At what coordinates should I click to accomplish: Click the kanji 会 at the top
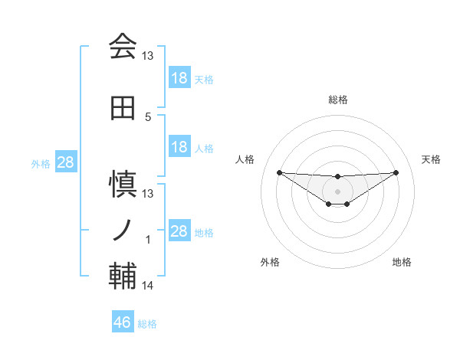click(x=123, y=47)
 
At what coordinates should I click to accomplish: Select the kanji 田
click(x=123, y=109)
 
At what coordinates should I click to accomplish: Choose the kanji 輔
click(x=123, y=277)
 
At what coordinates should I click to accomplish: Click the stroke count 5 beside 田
click(x=148, y=116)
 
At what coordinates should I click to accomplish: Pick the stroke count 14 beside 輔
click(x=148, y=286)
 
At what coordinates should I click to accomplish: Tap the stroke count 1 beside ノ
click(x=148, y=240)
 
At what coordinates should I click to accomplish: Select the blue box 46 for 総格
click(x=123, y=322)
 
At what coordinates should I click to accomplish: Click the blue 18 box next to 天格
click(x=179, y=78)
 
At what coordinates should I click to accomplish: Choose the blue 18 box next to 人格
click(x=179, y=147)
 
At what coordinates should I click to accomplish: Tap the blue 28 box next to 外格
click(x=65, y=162)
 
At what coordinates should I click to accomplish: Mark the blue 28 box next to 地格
click(x=179, y=231)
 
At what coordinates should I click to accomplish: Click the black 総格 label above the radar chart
click(x=337, y=100)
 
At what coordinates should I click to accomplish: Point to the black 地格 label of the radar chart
click(x=402, y=262)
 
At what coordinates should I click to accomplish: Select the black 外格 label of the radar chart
click(x=270, y=262)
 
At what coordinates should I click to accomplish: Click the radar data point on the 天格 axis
click(x=396, y=172)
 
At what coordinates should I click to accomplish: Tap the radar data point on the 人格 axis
click(x=279, y=172)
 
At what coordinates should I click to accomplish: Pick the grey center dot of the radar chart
click(x=337, y=191)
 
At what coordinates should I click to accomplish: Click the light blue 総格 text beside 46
click(x=147, y=324)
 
